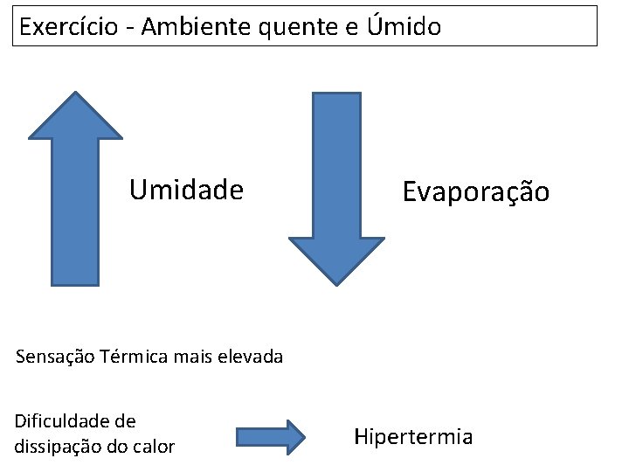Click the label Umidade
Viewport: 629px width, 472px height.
[186, 190]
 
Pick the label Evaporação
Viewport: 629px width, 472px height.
[475, 191]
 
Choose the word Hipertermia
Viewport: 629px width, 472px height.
[412, 436]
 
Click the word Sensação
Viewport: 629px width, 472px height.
[55, 357]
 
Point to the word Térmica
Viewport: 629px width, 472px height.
[133, 357]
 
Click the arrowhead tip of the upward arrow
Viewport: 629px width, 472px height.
[75, 94]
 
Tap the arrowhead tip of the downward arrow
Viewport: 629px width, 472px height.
[336, 283]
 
